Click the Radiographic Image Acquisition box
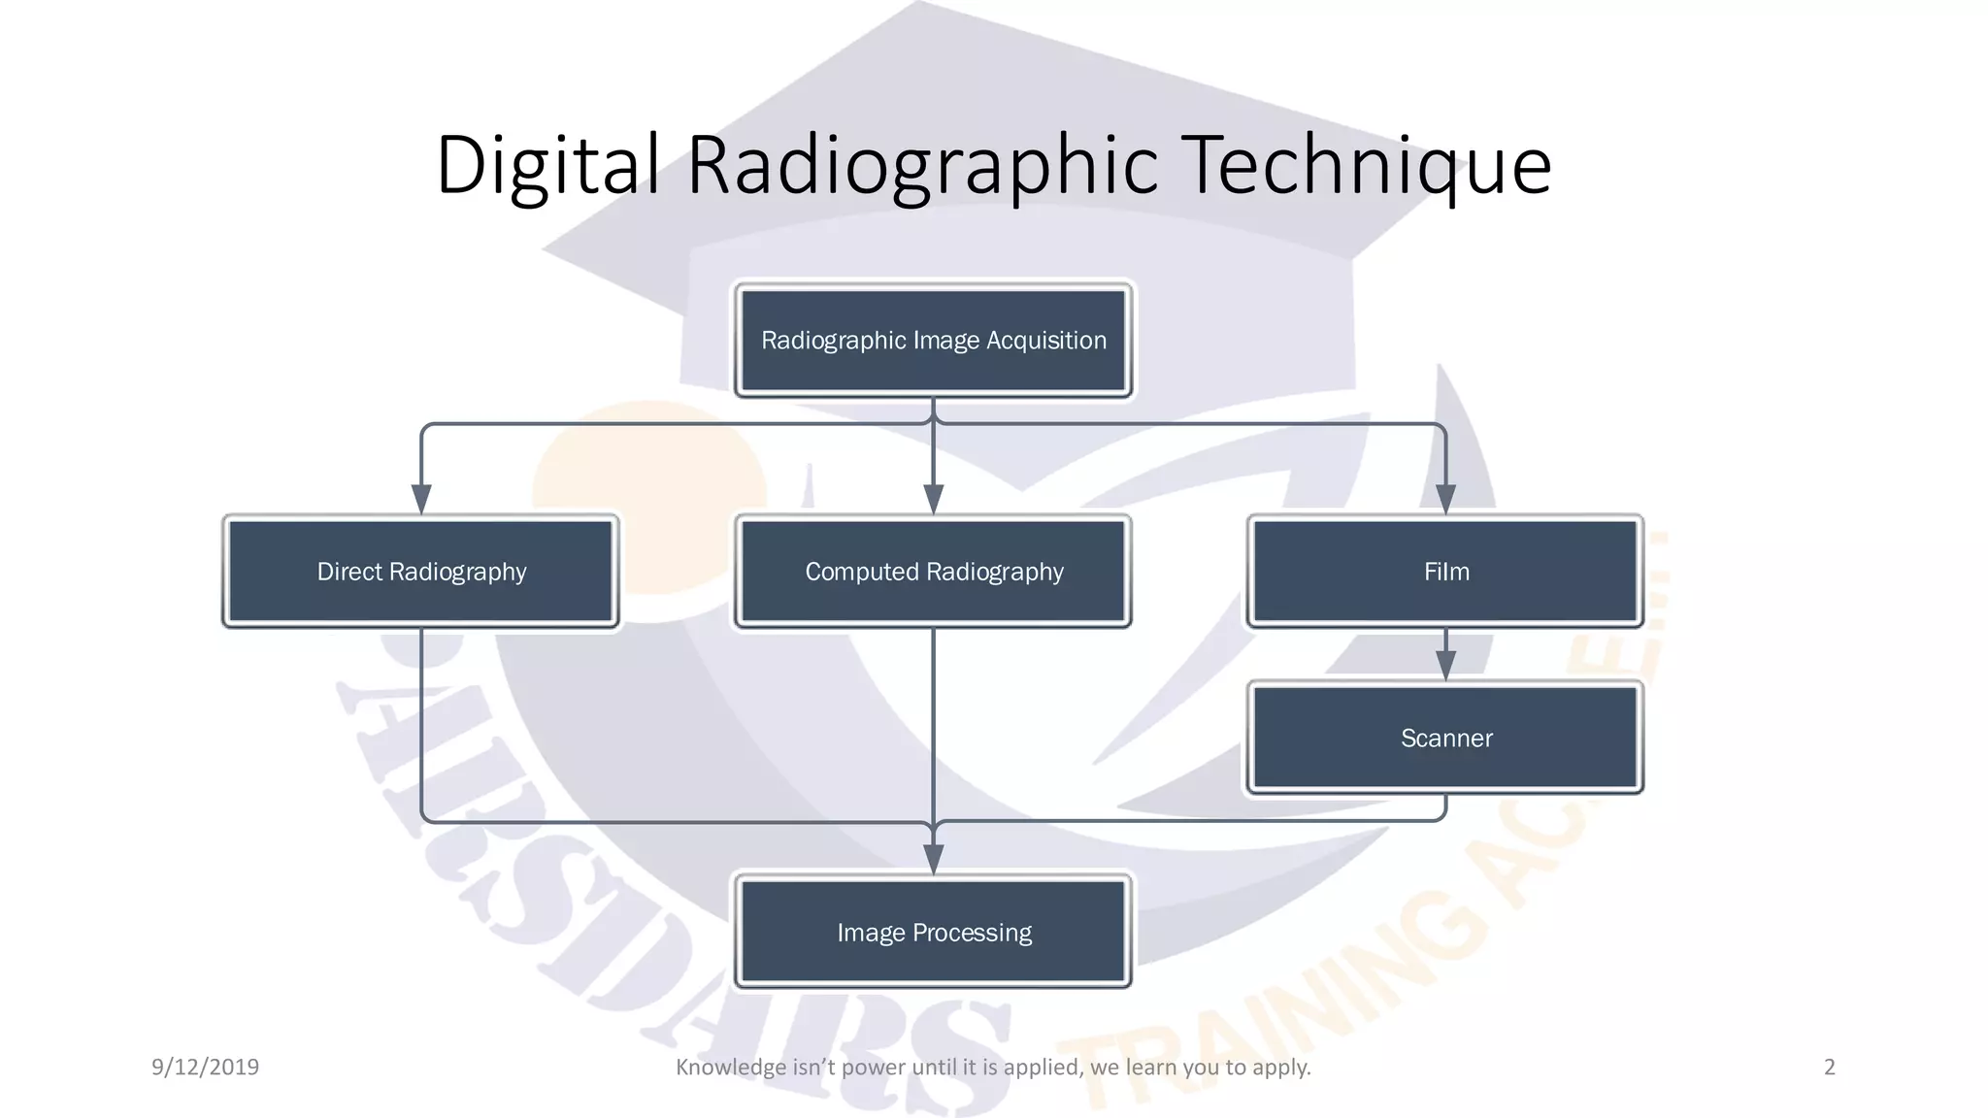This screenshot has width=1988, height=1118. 933,341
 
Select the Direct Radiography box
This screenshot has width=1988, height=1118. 421,572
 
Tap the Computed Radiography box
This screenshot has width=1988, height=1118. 933,572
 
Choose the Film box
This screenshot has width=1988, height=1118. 1445,572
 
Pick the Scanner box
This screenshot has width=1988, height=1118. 1445,739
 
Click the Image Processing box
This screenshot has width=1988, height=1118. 933,933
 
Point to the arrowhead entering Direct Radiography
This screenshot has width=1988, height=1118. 421,499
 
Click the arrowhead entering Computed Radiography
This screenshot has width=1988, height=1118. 933,499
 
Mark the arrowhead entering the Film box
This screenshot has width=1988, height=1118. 1445,499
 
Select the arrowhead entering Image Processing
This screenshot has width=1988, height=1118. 933,859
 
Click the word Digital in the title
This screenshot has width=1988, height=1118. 548,165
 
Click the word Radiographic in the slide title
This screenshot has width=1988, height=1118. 922,165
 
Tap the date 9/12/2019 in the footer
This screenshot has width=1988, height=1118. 205,1068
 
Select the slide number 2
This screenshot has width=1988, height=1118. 1830,1068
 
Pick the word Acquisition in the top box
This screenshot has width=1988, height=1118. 1046,341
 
